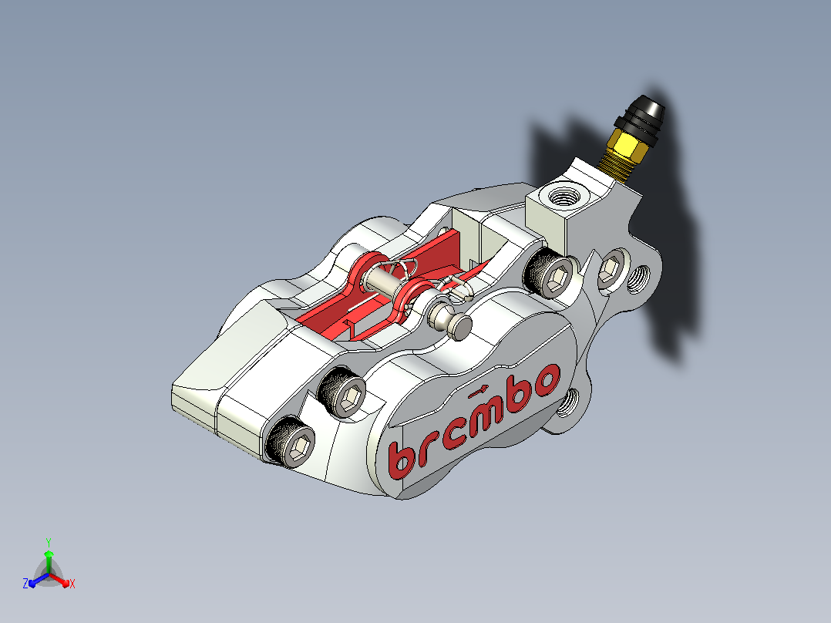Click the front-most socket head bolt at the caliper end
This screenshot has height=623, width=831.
point(291,442)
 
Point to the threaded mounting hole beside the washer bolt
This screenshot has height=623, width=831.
point(638,279)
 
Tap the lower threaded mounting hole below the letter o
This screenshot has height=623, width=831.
point(570,403)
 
